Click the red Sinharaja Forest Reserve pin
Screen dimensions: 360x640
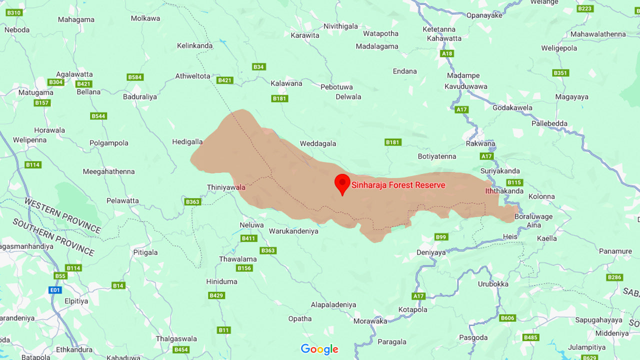click(342, 183)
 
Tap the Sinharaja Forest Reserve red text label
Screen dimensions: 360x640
click(398, 185)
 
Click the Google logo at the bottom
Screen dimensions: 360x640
click(319, 349)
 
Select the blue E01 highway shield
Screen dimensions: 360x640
click(55, 289)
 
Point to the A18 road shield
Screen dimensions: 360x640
click(446, 53)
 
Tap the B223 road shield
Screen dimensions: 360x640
click(584, 8)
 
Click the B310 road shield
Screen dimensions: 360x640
click(14, 12)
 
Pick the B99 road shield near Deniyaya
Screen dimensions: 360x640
click(441, 237)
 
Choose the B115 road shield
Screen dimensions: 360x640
click(514, 182)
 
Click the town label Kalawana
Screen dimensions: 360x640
click(286, 83)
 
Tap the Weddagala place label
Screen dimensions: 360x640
click(318, 143)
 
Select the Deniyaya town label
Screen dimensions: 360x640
click(431, 252)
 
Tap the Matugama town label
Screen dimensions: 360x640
click(35, 92)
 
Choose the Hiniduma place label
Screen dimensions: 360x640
click(221, 281)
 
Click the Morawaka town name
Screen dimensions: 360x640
click(370, 321)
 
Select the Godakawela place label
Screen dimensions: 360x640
click(512, 107)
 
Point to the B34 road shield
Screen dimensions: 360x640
click(258, 66)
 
